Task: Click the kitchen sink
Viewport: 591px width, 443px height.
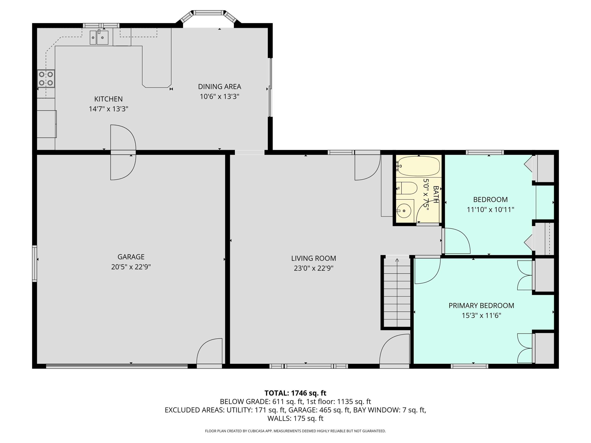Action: [x=99, y=37]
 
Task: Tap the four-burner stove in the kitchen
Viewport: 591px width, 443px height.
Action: [x=46, y=79]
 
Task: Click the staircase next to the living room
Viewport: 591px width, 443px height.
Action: [x=397, y=292]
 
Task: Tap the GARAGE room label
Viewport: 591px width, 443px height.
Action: [x=131, y=257]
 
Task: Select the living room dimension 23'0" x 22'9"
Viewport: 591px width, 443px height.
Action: [x=313, y=268]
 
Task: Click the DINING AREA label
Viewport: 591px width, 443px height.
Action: [x=219, y=86]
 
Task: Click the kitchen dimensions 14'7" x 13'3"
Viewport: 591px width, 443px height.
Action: [x=109, y=109]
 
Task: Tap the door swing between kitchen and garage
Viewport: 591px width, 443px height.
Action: [x=123, y=152]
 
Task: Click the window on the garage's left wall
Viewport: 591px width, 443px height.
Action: [x=35, y=263]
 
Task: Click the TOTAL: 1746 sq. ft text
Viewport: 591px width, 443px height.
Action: [x=295, y=393]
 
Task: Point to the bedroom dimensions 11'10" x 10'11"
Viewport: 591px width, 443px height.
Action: [x=490, y=210]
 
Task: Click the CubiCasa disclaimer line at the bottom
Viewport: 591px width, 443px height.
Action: [x=295, y=431]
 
